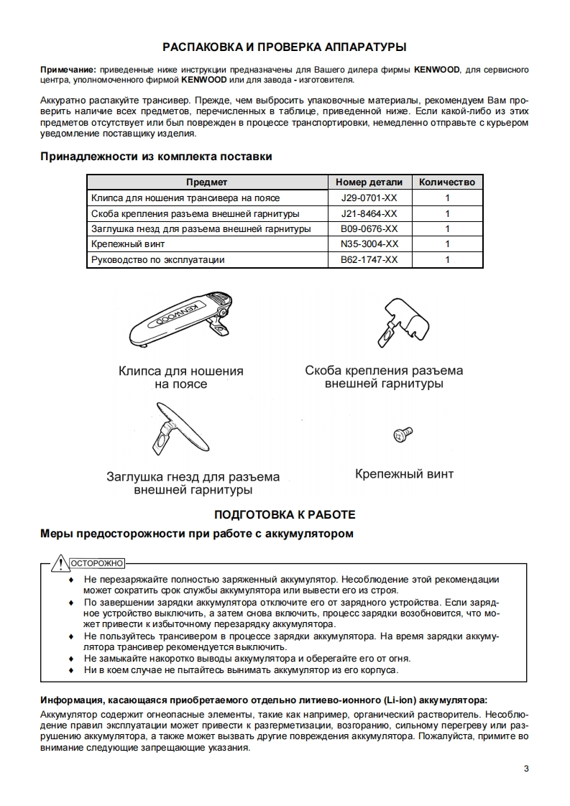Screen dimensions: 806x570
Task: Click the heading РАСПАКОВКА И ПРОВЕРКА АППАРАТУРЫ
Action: coord(285,47)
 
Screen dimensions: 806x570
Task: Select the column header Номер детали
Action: coord(369,182)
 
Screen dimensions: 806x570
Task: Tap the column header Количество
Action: coord(447,182)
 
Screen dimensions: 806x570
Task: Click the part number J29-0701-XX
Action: coord(369,198)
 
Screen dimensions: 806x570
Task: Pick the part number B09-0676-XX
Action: coord(369,229)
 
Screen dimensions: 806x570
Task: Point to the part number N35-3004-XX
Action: coord(369,244)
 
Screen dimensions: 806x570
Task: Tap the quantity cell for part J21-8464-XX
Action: coord(447,213)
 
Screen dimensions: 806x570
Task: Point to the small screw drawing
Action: coord(402,434)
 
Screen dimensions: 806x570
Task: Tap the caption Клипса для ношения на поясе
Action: coord(181,378)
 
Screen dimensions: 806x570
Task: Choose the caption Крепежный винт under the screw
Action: coord(404,474)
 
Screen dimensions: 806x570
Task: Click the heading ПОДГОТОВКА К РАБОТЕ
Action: coord(285,515)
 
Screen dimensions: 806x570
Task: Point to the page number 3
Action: coord(526,770)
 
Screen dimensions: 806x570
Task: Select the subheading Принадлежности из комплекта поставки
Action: coord(156,157)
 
